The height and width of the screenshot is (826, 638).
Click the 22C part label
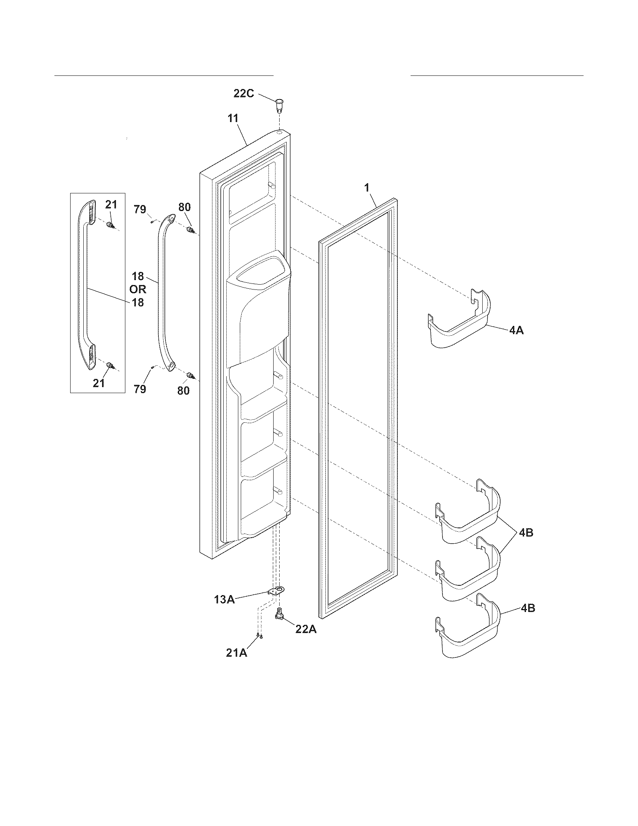(x=244, y=93)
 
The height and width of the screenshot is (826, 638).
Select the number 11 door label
(x=233, y=118)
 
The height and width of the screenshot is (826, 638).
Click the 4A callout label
(x=516, y=330)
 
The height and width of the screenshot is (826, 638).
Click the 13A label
(x=224, y=600)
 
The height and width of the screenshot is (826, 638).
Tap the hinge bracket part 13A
(x=277, y=591)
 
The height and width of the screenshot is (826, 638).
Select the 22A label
(x=306, y=629)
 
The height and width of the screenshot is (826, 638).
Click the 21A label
(x=236, y=653)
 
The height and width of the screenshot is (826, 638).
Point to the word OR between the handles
(x=138, y=289)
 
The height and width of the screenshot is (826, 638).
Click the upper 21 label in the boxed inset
(x=111, y=205)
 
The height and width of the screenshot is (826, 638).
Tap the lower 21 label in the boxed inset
(x=99, y=383)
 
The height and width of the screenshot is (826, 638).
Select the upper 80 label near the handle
(x=184, y=207)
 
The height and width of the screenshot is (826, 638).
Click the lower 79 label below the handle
(x=140, y=389)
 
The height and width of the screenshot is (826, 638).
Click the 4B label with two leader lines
(x=526, y=532)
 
